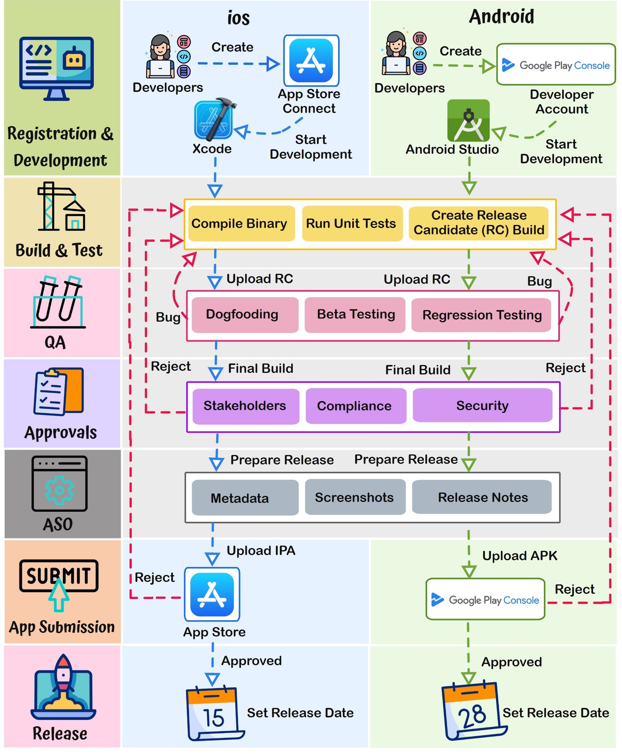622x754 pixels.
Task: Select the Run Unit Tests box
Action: point(352,223)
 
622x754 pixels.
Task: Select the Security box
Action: point(482,405)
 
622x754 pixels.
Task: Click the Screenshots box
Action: point(355,497)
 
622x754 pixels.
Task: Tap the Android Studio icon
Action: point(468,121)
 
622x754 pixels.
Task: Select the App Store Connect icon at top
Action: point(311,61)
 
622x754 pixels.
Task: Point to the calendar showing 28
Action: point(473,711)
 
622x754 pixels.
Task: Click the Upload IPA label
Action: point(261,550)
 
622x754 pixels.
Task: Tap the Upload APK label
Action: point(519,556)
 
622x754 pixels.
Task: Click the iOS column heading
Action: point(239,18)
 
